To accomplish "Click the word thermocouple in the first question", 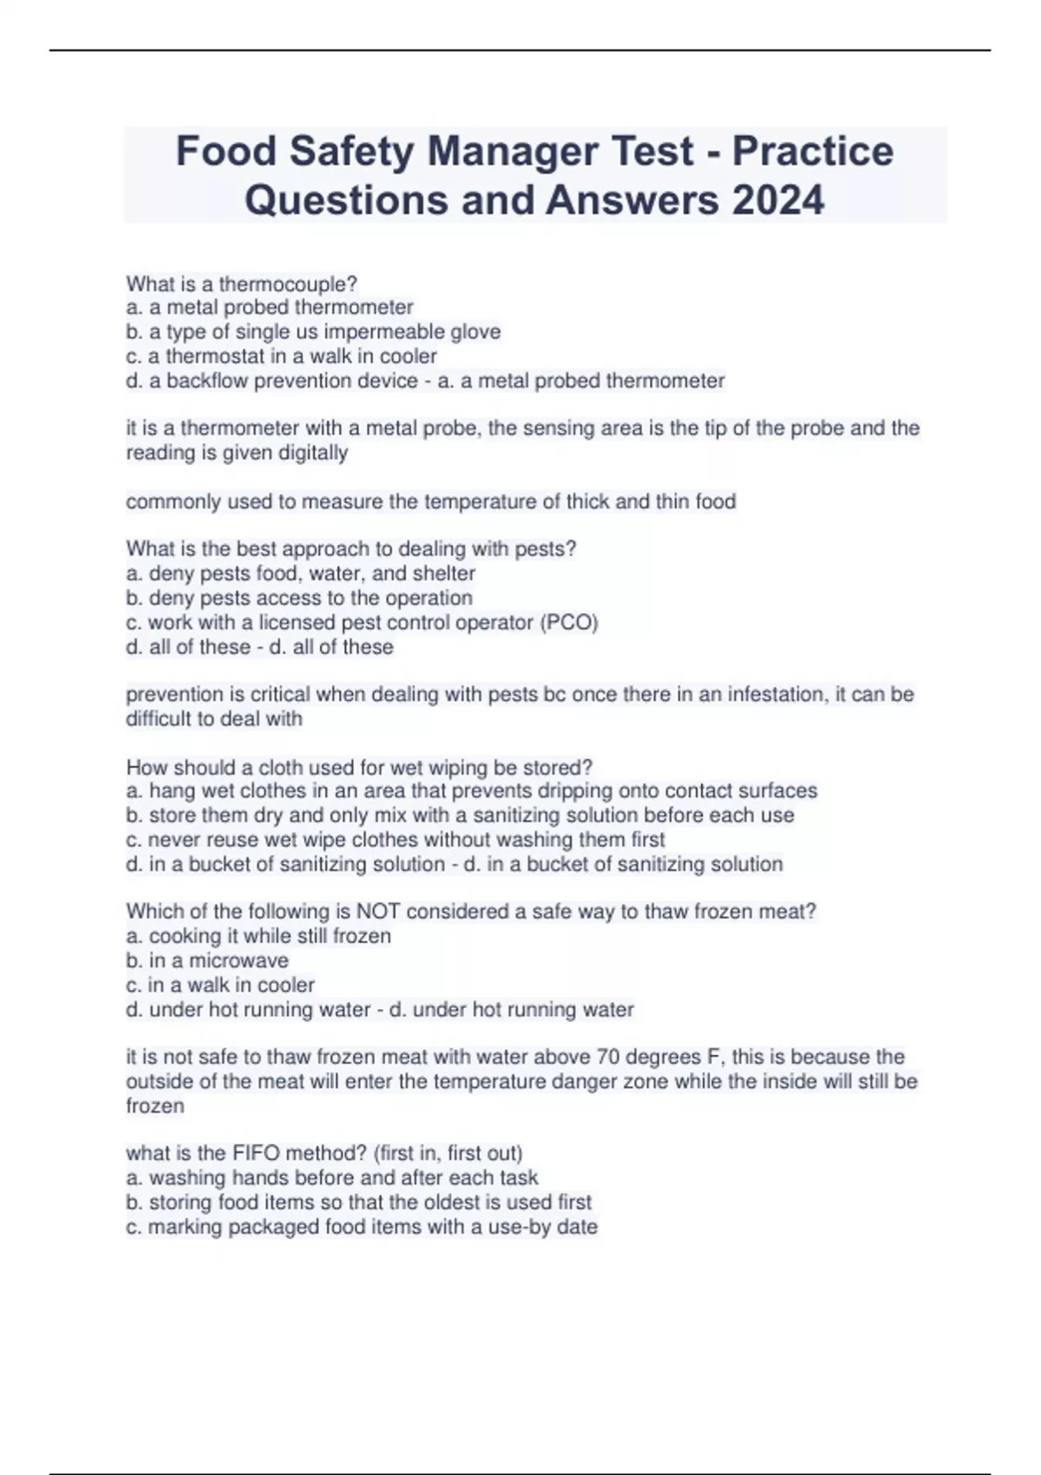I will tap(288, 284).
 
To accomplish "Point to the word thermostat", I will tap(214, 356).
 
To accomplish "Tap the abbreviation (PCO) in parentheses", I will tap(569, 622).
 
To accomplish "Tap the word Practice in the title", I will tap(813, 151).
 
